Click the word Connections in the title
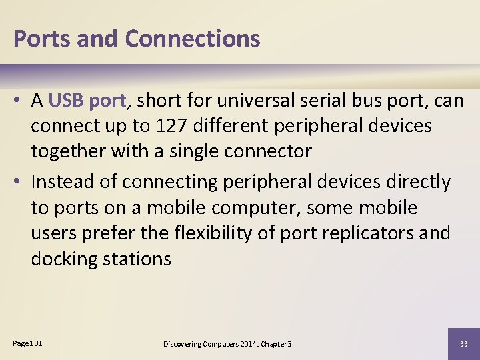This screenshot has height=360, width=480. click(x=192, y=39)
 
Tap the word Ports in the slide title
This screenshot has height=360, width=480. click(x=42, y=39)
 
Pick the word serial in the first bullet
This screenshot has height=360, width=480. click(x=322, y=101)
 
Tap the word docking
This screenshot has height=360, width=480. click(x=64, y=259)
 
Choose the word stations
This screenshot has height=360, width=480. click(x=137, y=259)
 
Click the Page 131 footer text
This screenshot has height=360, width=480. click(x=27, y=343)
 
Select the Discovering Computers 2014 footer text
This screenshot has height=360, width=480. click(x=227, y=343)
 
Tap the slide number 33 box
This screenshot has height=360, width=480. click(x=463, y=343)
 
